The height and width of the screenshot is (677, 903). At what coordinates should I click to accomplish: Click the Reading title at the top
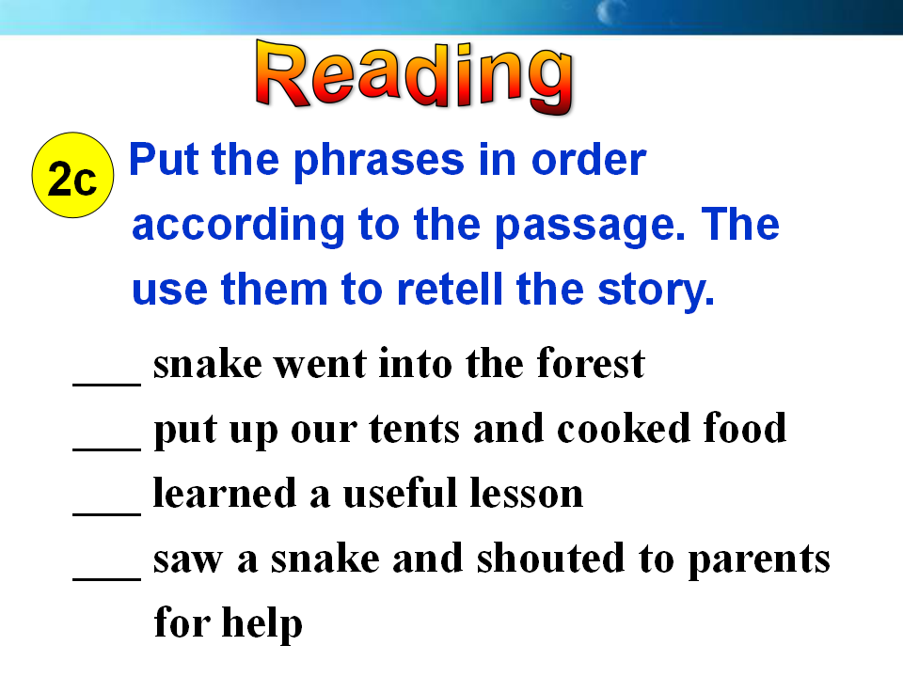pyautogui.click(x=415, y=76)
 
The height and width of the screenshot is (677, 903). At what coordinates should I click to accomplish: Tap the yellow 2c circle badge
pyautogui.click(x=72, y=175)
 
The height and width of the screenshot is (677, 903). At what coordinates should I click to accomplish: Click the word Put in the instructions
pyautogui.click(x=164, y=159)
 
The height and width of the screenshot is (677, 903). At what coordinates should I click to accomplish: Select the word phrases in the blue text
pyautogui.click(x=379, y=161)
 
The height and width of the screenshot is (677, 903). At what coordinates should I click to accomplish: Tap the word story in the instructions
pyautogui.click(x=656, y=291)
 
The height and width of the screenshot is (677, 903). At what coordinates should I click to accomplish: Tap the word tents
pyautogui.click(x=415, y=430)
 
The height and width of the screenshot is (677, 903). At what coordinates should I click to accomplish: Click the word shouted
pyautogui.click(x=550, y=558)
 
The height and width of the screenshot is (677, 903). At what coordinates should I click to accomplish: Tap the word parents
pyautogui.click(x=760, y=560)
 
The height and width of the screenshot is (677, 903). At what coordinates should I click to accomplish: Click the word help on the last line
pyautogui.click(x=262, y=623)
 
